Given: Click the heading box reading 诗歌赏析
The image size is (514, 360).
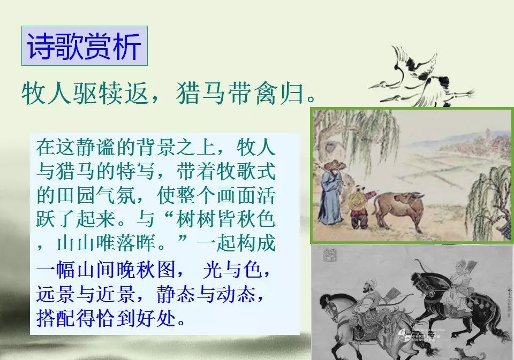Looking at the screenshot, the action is click(85, 46).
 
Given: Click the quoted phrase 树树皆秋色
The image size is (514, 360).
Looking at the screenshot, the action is click(225, 219).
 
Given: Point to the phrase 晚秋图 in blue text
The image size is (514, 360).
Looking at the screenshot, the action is click(146, 270).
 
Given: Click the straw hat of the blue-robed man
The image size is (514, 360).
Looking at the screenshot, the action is click(334, 165).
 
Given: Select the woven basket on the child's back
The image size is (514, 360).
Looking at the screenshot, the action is click(356, 200).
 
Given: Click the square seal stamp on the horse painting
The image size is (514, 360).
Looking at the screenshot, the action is click(330, 255).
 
